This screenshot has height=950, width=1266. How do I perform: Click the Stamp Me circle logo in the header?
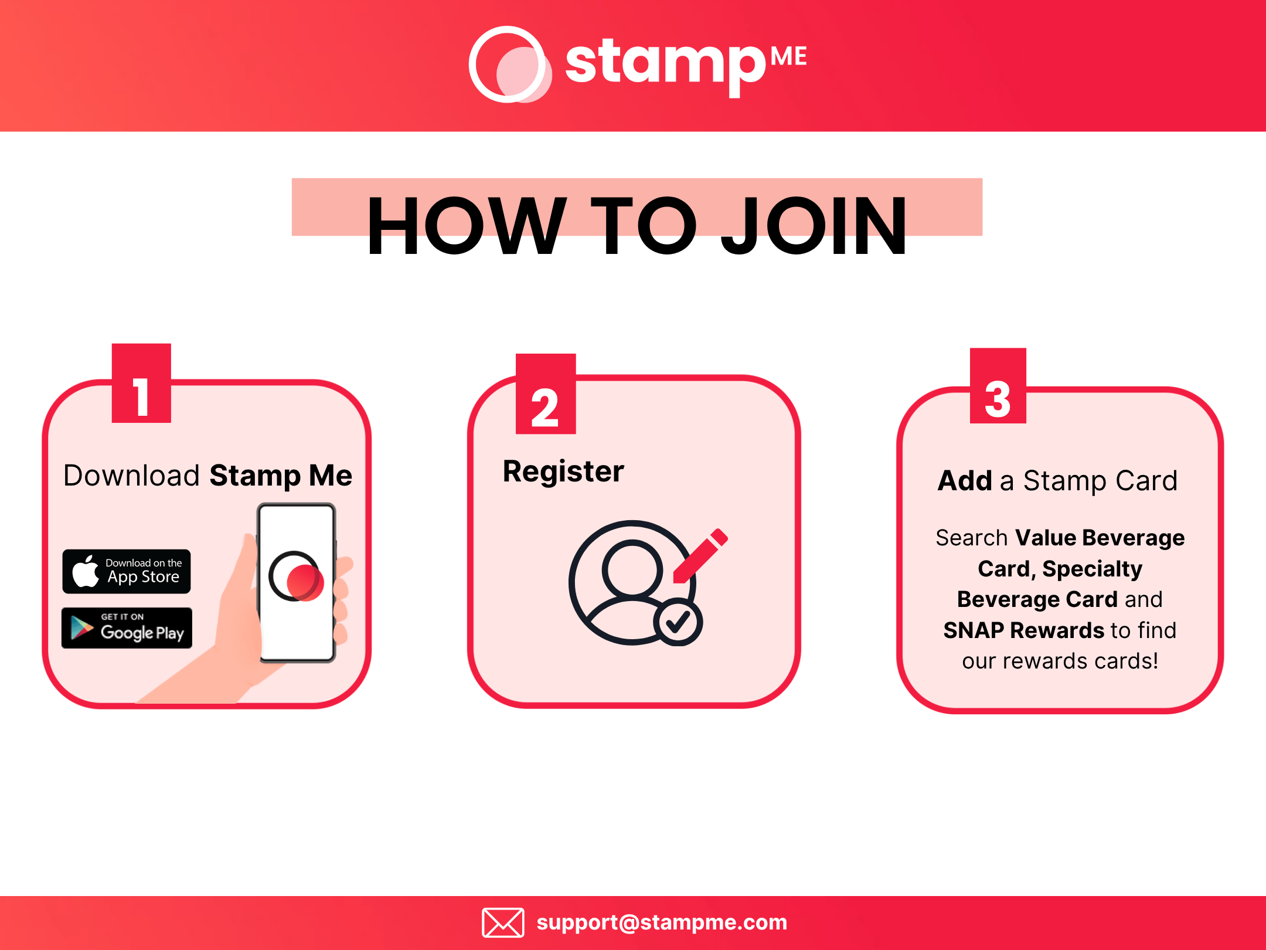click(x=509, y=65)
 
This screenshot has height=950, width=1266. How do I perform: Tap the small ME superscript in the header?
click(x=788, y=57)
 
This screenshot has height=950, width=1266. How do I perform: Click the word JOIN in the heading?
click(x=815, y=226)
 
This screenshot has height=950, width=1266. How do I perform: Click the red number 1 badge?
click(x=141, y=384)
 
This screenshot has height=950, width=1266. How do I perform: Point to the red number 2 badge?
click(x=545, y=394)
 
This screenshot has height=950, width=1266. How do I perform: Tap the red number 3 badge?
click(x=998, y=386)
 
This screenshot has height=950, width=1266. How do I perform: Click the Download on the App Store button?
click(x=127, y=571)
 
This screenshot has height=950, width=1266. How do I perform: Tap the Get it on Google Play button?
click(x=127, y=628)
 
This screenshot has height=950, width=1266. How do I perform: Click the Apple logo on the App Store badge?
click(x=86, y=571)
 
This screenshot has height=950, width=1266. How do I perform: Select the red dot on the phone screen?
click(x=305, y=582)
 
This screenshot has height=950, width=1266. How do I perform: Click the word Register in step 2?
click(x=563, y=471)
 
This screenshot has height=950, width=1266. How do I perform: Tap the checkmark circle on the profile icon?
click(x=678, y=622)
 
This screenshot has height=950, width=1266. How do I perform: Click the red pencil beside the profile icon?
click(x=701, y=555)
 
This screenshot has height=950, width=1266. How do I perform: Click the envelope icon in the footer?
click(x=503, y=922)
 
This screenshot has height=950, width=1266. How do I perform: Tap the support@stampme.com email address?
click(x=662, y=922)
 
